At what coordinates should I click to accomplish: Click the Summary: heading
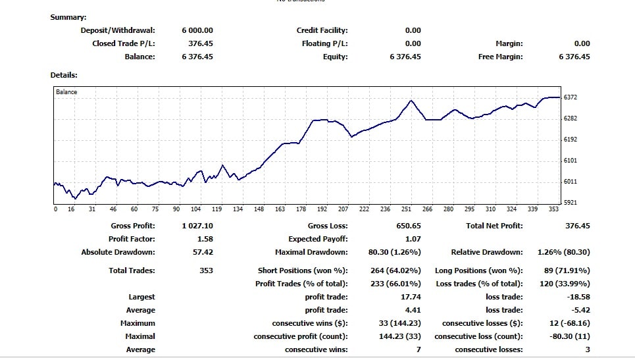point(68,17)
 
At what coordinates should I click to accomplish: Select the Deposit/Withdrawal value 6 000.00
point(197,30)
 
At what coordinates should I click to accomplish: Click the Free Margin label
point(500,57)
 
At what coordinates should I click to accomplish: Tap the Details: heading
point(64,76)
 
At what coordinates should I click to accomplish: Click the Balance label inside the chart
point(66,92)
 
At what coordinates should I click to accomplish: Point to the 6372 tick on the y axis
point(571,97)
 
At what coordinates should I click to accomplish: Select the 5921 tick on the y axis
point(571,203)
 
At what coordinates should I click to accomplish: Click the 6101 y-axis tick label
point(571,161)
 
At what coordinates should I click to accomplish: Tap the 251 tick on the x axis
point(406,209)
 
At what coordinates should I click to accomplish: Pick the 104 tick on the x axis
point(195,209)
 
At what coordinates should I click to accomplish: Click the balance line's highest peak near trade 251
point(411,101)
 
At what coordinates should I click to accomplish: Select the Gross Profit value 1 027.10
point(197,226)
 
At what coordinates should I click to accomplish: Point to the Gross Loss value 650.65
point(408,226)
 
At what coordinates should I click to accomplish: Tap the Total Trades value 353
point(206,270)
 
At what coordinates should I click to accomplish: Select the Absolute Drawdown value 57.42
point(201,252)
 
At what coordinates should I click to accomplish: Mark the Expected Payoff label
point(318,239)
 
